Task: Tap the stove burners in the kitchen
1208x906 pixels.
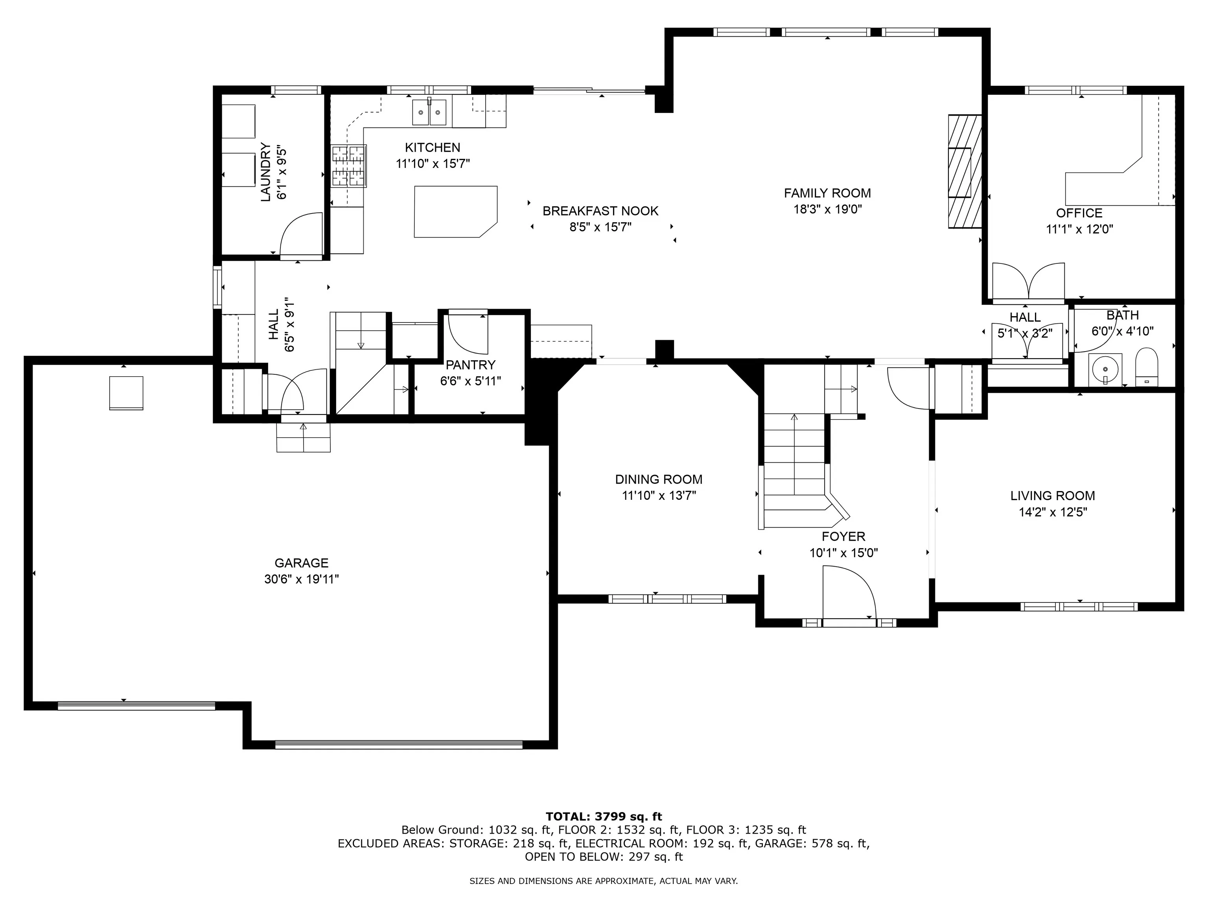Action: (x=348, y=166)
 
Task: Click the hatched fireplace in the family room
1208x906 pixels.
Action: (x=965, y=171)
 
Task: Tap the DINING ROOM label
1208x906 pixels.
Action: (x=659, y=479)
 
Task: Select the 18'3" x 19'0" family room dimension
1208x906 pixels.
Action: (x=827, y=209)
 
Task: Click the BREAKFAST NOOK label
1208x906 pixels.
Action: (x=600, y=211)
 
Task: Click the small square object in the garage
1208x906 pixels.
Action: (x=126, y=393)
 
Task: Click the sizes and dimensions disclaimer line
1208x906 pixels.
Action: (x=604, y=881)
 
